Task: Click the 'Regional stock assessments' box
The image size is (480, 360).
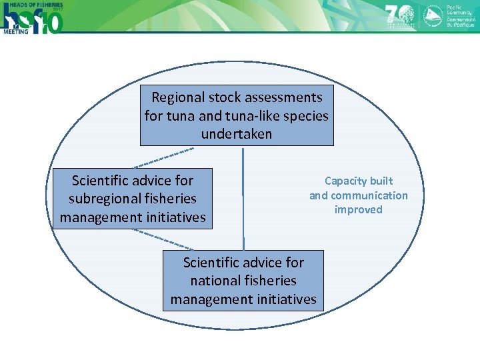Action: click(x=237, y=115)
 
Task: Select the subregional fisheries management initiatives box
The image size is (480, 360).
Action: click(x=133, y=199)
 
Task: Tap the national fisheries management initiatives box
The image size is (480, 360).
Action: click(x=243, y=281)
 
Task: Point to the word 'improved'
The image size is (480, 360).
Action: click(x=359, y=209)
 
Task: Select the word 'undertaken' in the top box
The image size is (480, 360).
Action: click(x=237, y=134)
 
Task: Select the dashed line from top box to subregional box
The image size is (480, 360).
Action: click(x=164, y=159)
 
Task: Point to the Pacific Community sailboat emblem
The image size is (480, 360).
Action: click(x=434, y=15)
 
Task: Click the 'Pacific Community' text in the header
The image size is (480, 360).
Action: click(x=461, y=8)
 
